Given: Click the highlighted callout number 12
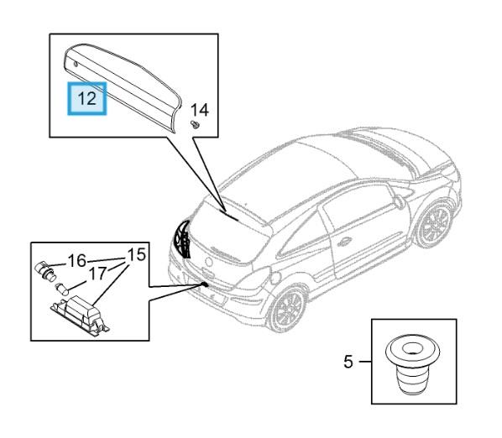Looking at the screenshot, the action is pos(86,98).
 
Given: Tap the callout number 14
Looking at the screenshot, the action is pos(200,110).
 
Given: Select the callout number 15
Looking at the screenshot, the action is pos(137,255).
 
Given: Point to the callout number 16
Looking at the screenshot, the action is pos(77,261).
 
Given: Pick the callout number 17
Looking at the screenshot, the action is pos(97,274).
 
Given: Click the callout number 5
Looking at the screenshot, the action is pos(348,362).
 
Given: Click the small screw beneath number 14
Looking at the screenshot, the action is pos(195,124).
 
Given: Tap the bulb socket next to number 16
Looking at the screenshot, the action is pos(44,270).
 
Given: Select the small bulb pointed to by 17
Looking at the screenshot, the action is pos(62,289).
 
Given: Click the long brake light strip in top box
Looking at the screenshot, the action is pos(123,86).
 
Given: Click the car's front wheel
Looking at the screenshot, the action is pos(436,224).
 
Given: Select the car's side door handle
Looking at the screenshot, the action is pos(344,242).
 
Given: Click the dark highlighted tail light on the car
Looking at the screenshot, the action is pos(182,238).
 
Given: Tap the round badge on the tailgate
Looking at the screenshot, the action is pos(209,262).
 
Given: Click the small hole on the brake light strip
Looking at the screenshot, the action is pos(76,64).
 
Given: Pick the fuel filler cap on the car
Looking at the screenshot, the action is pos(275,278).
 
